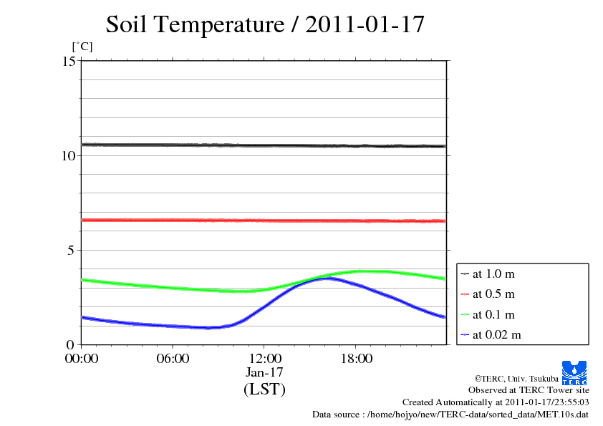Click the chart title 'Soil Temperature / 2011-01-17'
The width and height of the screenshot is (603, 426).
click(x=265, y=25)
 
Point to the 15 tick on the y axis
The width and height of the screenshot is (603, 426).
click(x=69, y=61)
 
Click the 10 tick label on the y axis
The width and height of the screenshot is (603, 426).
click(x=69, y=155)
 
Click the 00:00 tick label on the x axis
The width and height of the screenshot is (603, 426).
click(x=82, y=359)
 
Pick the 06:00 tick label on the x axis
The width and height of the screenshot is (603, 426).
click(x=173, y=359)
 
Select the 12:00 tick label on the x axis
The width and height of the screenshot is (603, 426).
click(x=264, y=359)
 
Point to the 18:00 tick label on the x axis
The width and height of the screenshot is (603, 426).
click(x=356, y=359)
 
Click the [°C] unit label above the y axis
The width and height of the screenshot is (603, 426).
click(x=82, y=47)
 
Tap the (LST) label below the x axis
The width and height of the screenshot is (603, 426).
click(x=264, y=390)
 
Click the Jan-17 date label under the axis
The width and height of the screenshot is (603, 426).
click(x=264, y=372)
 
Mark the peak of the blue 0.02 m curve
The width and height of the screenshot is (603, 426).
click(x=327, y=278)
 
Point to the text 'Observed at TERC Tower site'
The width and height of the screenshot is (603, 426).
click(x=529, y=390)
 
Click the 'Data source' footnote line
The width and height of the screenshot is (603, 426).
click(x=450, y=414)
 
